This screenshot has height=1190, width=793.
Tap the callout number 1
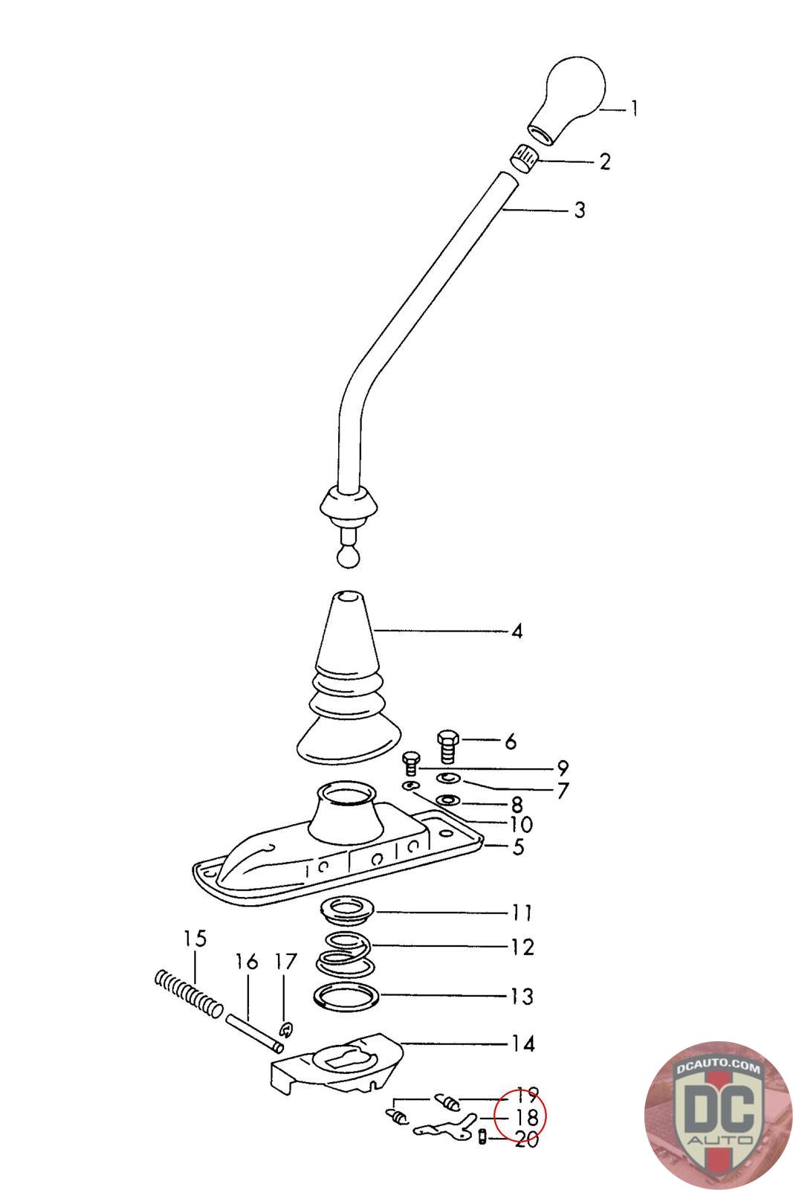[634, 109]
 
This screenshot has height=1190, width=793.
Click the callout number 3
[580, 210]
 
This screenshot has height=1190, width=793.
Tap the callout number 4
[517, 631]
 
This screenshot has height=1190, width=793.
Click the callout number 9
[562, 768]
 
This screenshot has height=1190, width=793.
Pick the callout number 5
[517, 846]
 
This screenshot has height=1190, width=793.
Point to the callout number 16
[247, 962]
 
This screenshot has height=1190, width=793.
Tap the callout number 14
[523, 1044]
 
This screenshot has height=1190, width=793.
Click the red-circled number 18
[525, 1117]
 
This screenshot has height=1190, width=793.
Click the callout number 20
[526, 1139]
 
